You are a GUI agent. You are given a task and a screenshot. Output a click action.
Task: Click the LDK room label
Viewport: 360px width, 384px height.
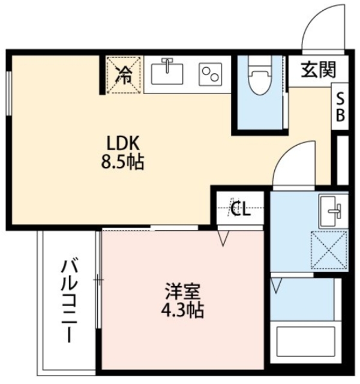click(x=123, y=144)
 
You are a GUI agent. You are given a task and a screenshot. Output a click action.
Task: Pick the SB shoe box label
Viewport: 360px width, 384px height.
click(x=340, y=106)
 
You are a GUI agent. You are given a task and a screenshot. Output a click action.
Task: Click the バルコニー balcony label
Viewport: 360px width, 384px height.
click(x=70, y=300)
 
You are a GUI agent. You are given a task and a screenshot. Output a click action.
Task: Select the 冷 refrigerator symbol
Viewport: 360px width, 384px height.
click(x=124, y=74)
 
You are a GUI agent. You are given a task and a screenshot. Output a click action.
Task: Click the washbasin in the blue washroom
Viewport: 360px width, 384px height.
click(x=331, y=209)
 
